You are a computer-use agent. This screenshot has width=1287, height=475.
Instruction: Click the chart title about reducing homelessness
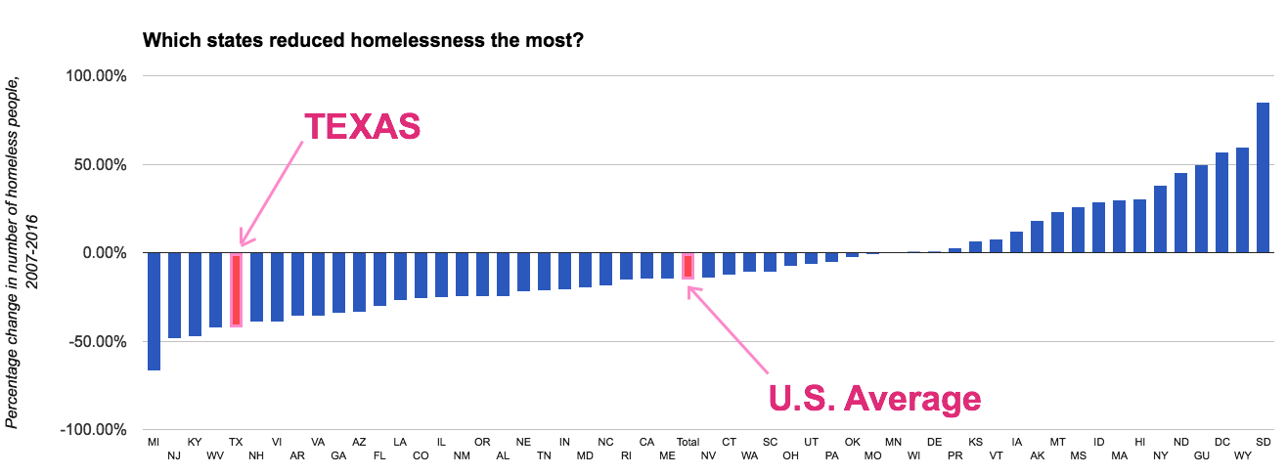(363, 41)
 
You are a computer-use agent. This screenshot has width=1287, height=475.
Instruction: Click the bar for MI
(154, 311)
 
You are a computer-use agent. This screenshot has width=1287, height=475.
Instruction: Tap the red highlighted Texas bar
(236, 289)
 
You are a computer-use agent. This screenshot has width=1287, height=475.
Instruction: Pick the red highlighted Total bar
(688, 266)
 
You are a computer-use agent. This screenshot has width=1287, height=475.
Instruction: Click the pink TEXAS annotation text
(362, 127)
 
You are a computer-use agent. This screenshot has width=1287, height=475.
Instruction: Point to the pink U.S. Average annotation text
(873, 399)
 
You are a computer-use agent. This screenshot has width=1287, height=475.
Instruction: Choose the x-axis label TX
(236, 442)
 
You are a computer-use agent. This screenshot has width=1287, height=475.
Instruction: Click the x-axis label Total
(688, 442)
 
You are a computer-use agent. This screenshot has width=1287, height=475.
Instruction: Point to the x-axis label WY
(1242, 455)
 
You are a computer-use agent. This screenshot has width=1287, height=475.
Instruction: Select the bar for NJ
(174, 295)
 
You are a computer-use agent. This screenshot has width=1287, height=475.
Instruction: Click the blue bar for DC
(1221, 202)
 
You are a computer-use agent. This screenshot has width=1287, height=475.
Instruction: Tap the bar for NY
(1160, 219)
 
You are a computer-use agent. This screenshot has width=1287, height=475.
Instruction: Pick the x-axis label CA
(646, 442)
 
